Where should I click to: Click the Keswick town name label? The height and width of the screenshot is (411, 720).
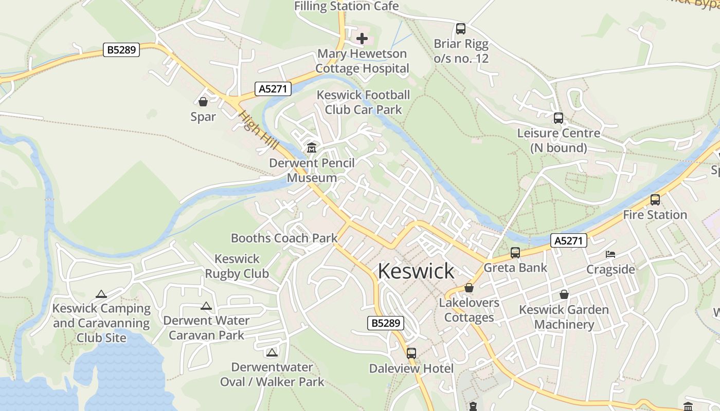tap(416, 271)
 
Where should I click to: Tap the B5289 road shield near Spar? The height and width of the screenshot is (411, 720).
tap(121, 50)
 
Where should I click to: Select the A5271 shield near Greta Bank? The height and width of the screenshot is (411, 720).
tap(568, 240)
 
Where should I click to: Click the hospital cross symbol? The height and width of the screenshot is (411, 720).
tap(362, 39)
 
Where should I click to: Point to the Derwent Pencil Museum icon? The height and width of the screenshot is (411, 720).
tap(311, 148)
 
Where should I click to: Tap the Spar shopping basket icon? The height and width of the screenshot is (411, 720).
tap(203, 102)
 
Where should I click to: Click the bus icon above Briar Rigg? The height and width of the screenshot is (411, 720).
tap(461, 29)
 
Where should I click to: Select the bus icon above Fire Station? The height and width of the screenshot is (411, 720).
tap(655, 200)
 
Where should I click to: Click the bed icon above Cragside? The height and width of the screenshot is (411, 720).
tap(610, 254)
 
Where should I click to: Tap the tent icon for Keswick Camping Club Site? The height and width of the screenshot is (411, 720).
tap(101, 294)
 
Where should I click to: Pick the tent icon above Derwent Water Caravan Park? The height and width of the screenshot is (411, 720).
tap(206, 306)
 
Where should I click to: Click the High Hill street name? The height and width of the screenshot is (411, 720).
tap(259, 131)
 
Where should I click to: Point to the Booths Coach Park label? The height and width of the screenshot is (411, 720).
tap(284, 238)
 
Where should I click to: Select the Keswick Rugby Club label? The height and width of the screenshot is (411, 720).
tap(237, 266)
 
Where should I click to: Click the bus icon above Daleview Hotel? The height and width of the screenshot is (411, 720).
tap(411, 353)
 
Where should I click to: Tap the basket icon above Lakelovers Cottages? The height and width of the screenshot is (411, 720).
tap(469, 288)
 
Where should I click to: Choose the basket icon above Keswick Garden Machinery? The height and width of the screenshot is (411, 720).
tap(564, 295)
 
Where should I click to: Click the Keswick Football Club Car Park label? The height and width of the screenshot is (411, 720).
tap(363, 102)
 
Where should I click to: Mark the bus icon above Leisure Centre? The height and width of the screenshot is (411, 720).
tap(559, 118)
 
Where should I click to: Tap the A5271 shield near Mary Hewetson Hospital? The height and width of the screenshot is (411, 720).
tap(273, 89)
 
